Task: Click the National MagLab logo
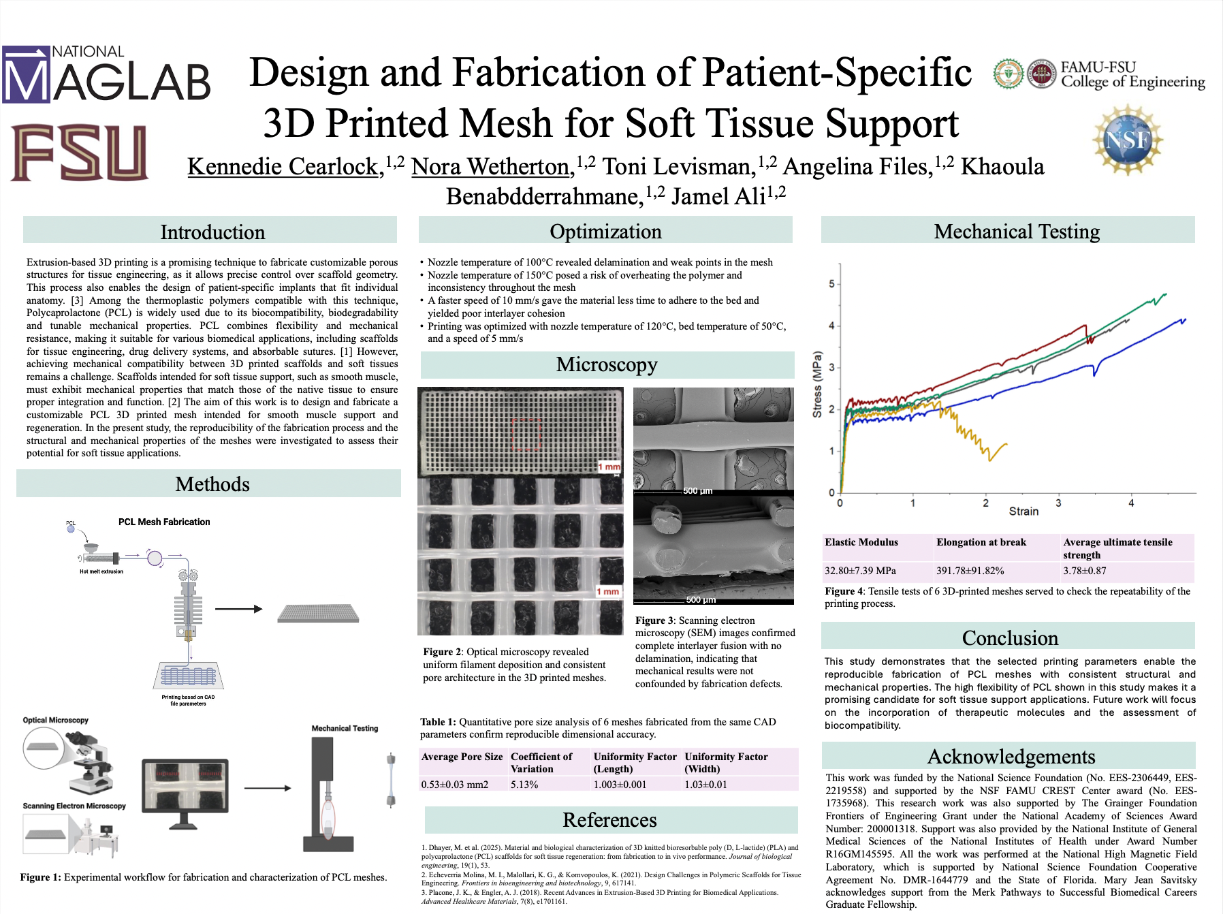tap(106, 74)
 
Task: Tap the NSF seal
tap(1128, 140)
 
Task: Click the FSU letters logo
tap(79, 153)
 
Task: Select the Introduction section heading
tap(212, 232)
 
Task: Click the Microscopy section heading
tap(606, 365)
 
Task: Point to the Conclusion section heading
tap(1009, 638)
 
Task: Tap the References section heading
tap(609, 820)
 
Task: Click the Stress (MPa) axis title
tap(817, 384)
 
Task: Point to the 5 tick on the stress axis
tap(831, 284)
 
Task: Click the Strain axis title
tap(1023, 511)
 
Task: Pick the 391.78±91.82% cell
tap(970, 571)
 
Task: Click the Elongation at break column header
tap(981, 542)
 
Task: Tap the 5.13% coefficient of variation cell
tap(524, 785)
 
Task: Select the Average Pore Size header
tap(462, 757)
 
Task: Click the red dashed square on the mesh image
tap(526, 435)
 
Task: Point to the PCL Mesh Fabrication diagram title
tap(164, 522)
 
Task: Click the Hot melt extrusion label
tap(101, 571)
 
